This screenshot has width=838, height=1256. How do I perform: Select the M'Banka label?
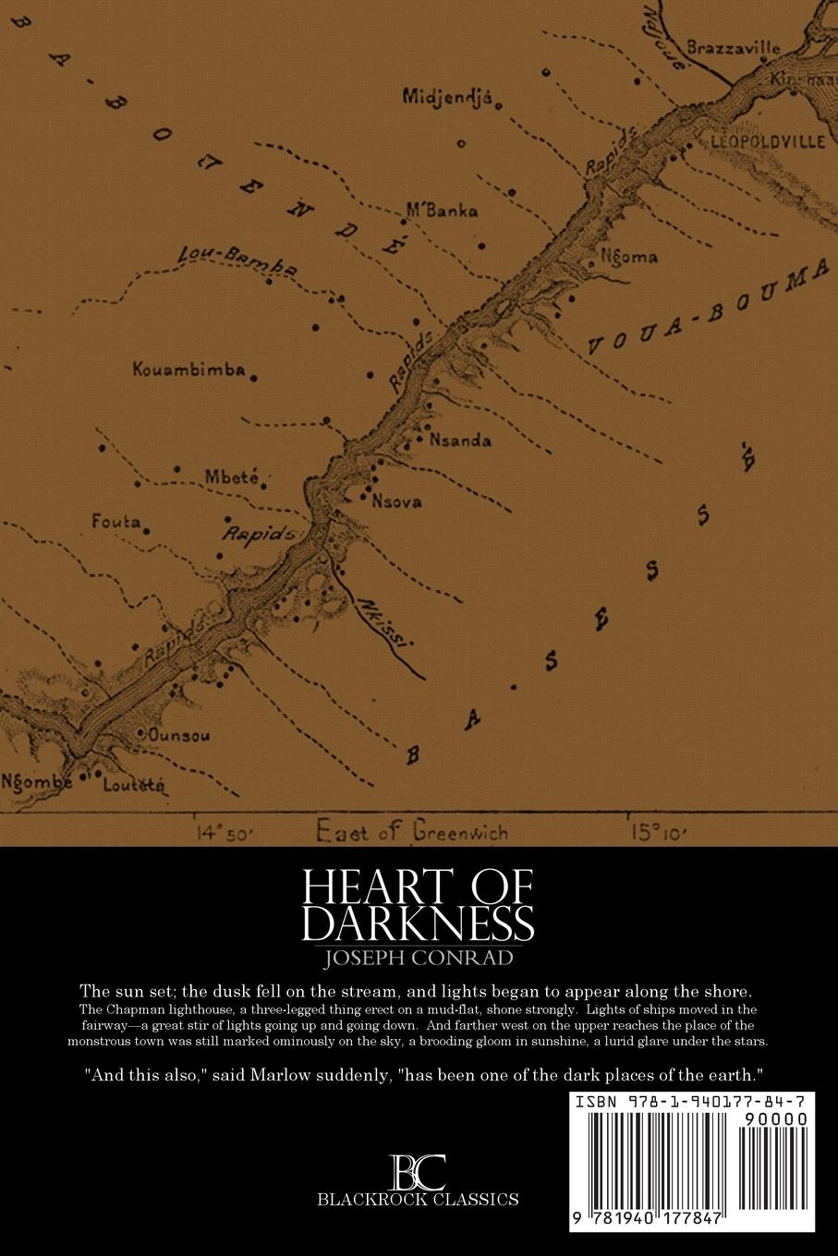point(443,211)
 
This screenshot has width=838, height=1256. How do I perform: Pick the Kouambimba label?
point(189,370)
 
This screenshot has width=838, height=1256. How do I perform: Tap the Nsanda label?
point(460,441)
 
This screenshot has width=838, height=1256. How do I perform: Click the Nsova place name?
point(396,502)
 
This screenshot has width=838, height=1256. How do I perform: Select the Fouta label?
point(115,523)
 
